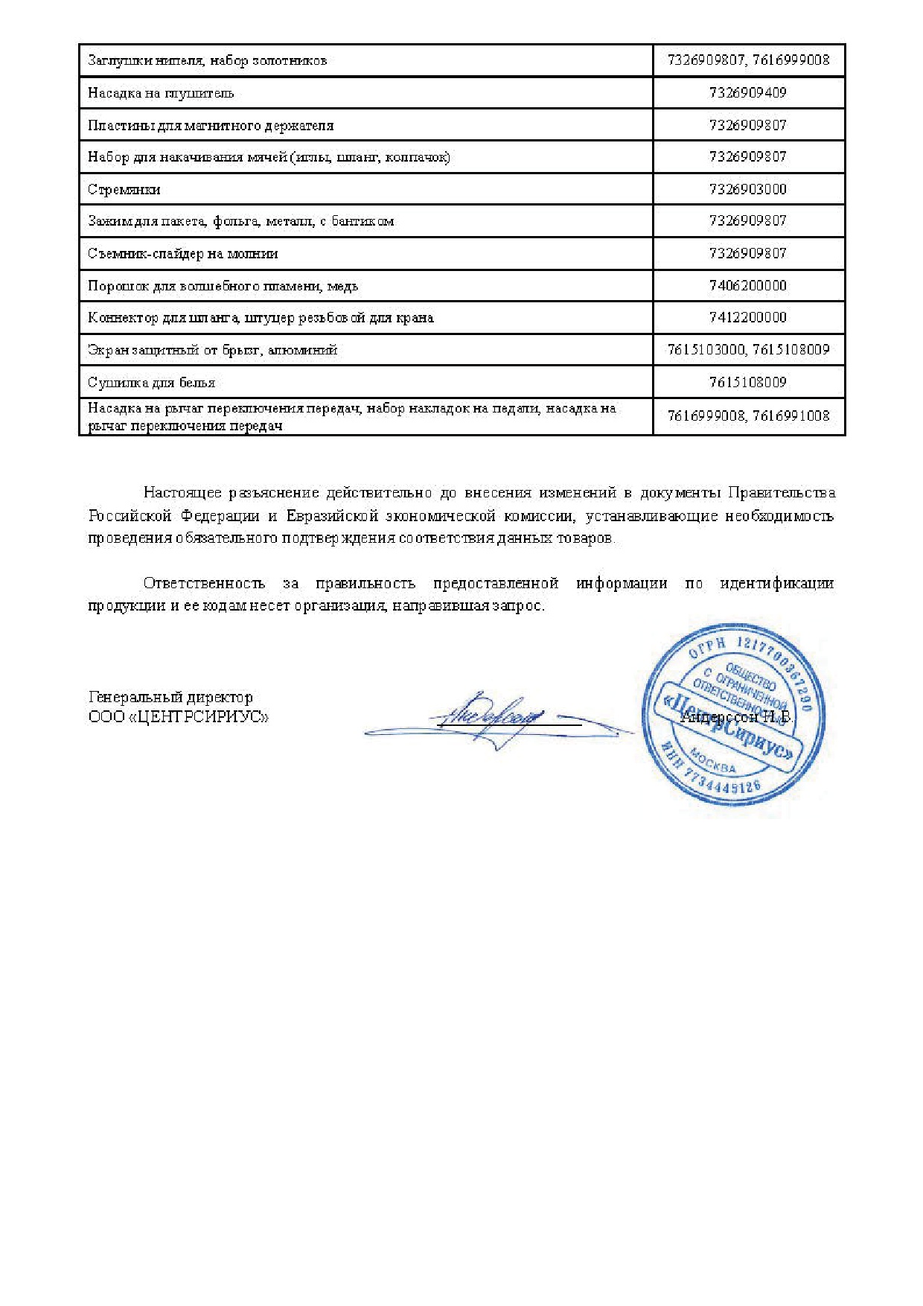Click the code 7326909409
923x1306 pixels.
(x=747, y=93)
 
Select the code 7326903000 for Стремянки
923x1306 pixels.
(x=747, y=189)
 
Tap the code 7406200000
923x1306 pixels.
(x=747, y=286)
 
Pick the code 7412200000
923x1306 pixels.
(x=747, y=318)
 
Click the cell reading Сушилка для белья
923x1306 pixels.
(x=151, y=383)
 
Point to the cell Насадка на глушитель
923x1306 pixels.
(x=161, y=93)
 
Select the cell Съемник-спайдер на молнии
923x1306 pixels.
(x=182, y=254)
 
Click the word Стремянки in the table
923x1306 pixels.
(x=124, y=190)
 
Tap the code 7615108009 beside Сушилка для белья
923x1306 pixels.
(x=747, y=383)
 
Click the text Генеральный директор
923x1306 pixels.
(x=170, y=698)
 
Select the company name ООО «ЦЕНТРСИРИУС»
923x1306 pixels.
(x=179, y=718)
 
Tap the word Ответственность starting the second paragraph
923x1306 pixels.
(x=204, y=583)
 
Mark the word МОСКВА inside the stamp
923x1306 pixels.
(x=712, y=762)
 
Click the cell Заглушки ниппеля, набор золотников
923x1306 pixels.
(x=207, y=61)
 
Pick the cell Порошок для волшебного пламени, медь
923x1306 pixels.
(x=223, y=286)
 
